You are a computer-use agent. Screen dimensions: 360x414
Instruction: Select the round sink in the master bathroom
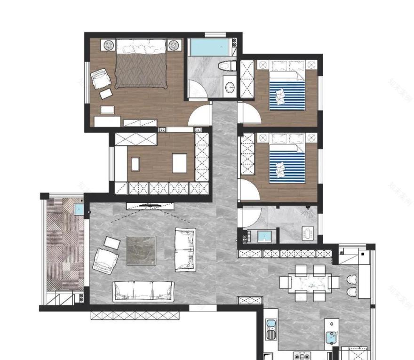230,87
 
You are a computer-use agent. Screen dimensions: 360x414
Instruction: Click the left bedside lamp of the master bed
109,45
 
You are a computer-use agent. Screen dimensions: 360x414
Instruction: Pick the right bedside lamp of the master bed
174,45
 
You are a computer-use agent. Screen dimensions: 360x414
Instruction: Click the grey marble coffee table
142,250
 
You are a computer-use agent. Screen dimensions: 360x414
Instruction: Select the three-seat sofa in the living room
143,290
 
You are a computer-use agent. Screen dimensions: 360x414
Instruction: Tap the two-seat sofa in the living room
185,249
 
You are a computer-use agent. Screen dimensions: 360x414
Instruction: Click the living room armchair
104,260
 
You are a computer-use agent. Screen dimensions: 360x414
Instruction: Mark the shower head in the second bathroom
308,209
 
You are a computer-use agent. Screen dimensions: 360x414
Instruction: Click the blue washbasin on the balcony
79,208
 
